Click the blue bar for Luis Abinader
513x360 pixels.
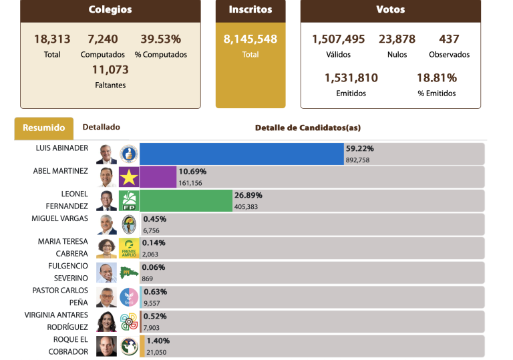pyautogui.click(x=241, y=154)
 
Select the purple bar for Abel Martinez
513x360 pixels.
pyautogui.click(x=158, y=177)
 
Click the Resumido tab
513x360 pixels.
pyautogui.click(x=44, y=128)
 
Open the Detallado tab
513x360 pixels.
pyautogui.click(x=101, y=127)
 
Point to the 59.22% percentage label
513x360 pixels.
pyautogui.click(x=359, y=148)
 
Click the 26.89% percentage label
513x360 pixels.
pyautogui.click(x=248, y=195)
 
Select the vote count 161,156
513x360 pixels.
pyautogui.click(x=190, y=183)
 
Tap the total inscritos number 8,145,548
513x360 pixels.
pyautogui.click(x=250, y=39)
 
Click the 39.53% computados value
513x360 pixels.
pyautogui.click(x=160, y=39)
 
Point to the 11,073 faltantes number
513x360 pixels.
pyautogui.click(x=110, y=70)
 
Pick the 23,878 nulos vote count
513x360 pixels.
pyautogui.click(x=397, y=39)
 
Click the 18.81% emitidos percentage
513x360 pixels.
pyautogui.click(x=436, y=78)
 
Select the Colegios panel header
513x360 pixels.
pyautogui.click(x=110, y=10)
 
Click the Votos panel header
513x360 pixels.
pyautogui.click(x=390, y=10)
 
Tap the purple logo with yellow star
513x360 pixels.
pyautogui.click(x=128, y=177)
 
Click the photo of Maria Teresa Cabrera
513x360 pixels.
pyautogui.click(x=106, y=248)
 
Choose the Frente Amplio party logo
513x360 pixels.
pyautogui.click(x=128, y=248)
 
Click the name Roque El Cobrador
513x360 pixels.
pyautogui.click(x=68, y=346)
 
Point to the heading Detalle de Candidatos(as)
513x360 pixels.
pyautogui.click(x=308, y=128)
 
